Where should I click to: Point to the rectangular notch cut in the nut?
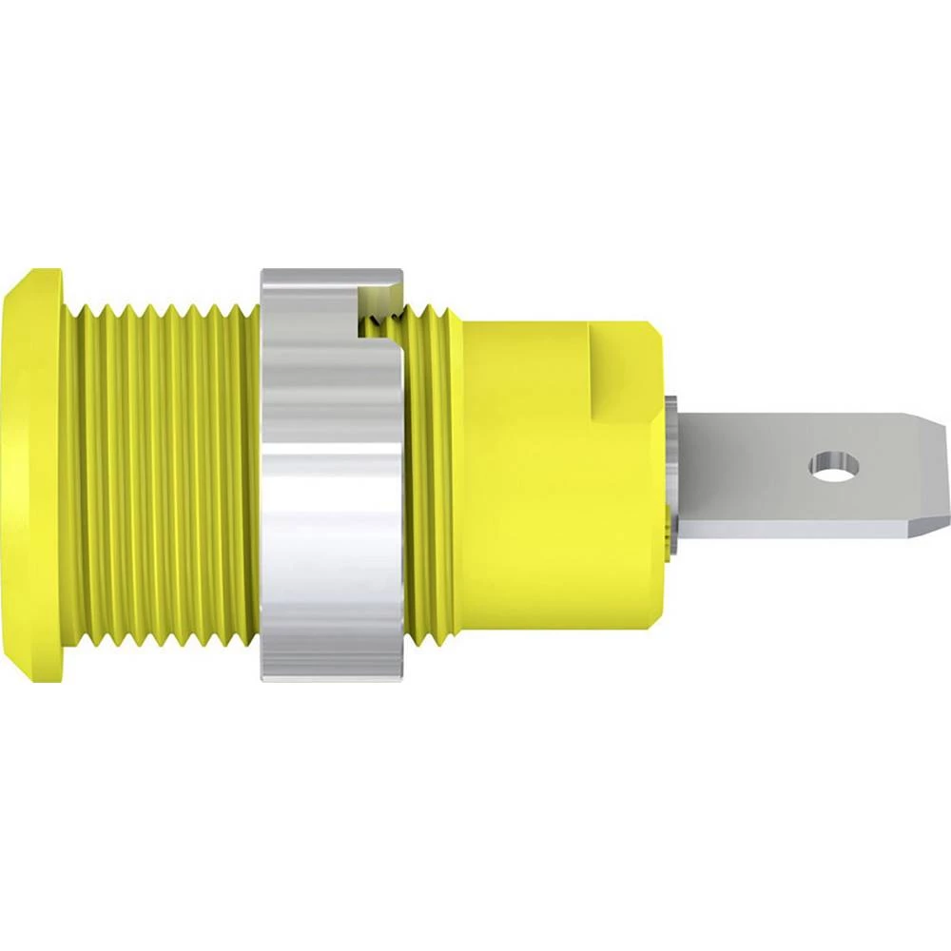[376, 304]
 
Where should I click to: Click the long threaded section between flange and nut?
[162, 475]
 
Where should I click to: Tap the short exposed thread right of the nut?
[433, 475]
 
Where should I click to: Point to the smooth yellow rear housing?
[552, 495]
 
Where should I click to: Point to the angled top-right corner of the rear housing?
[656, 333]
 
